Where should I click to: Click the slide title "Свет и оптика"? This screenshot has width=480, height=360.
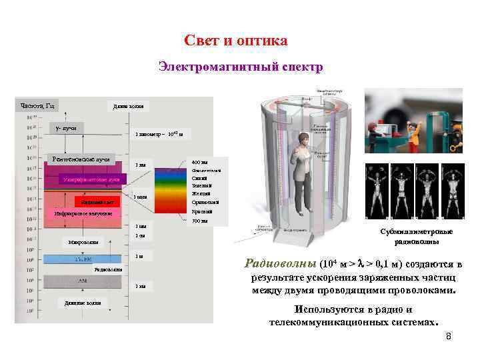click(236, 41)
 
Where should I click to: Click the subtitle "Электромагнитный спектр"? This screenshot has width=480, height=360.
click(241, 67)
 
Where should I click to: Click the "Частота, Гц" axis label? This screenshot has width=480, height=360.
click(39, 105)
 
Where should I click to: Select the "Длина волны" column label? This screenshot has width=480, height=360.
click(127, 106)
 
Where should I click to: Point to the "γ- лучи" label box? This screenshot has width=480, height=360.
click(65, 128)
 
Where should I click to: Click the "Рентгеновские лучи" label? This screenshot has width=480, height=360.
click(81, 160)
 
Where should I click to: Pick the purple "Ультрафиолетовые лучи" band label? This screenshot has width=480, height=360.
click(91, 179)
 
